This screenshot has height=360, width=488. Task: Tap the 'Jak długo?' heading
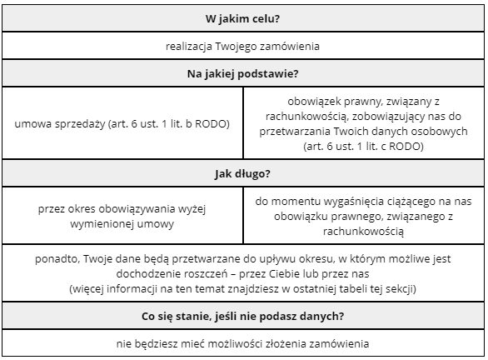tap(243, 174)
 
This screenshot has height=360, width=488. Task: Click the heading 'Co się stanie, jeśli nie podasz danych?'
tap(243, 317)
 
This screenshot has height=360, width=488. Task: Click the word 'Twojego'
tap(239, 46)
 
